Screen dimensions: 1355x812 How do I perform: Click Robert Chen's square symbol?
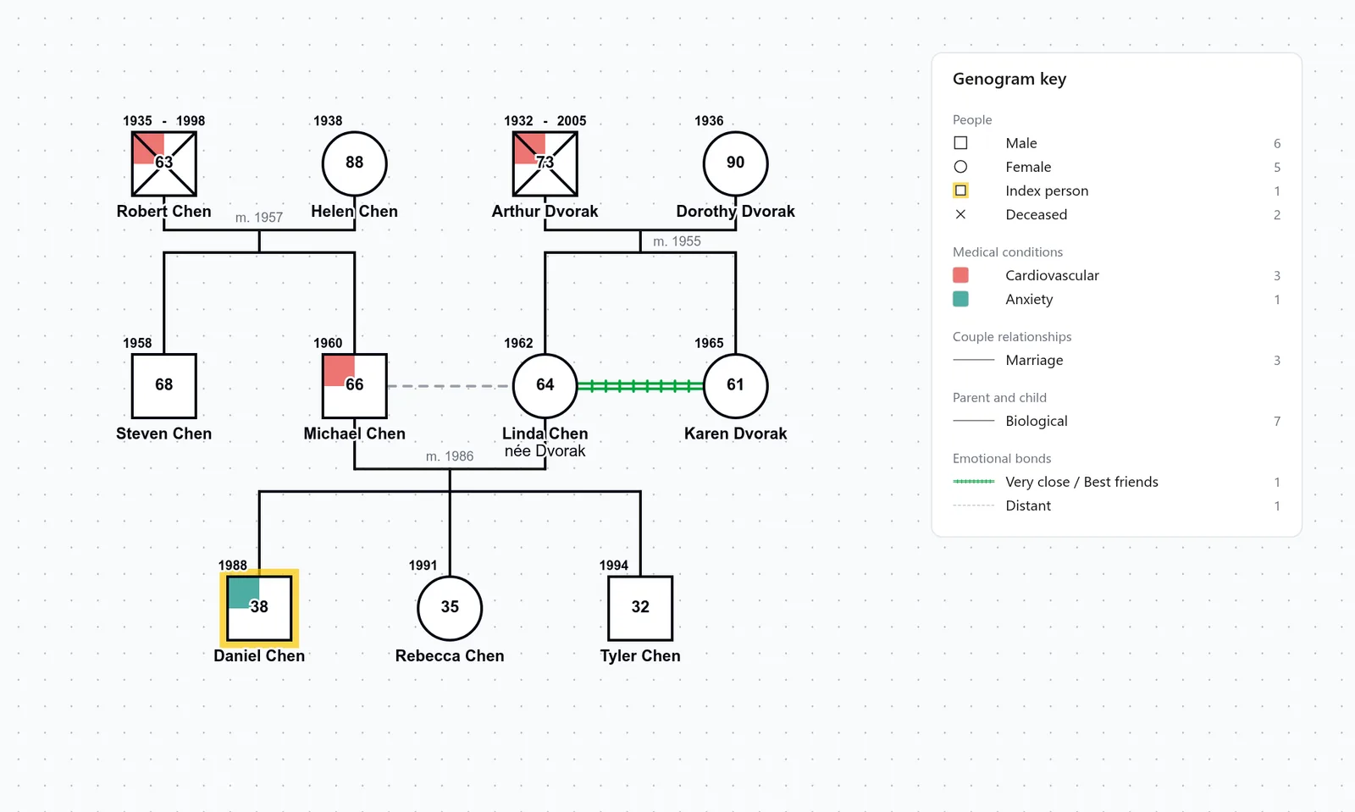pyautogui.click(x=164, y=164)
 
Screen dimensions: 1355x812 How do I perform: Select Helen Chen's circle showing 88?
pyautogui.click(x=355, y=164)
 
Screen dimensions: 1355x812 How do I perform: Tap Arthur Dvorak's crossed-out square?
pyautogui.click(x=545, y=164)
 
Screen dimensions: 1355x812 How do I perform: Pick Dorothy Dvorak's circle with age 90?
pyautogui.click(x=736, y=164)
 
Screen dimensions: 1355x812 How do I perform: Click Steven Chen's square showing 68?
pyautogui.click(x=164, y=386)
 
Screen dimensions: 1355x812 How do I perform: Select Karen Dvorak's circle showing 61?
pyautogui.click(x=736, y=386)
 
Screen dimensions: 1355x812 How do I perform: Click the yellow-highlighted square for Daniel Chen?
pyautogui.click(x=259, y=608)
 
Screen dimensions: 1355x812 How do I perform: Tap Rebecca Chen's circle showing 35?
pyautogui.click(x=450, y=608)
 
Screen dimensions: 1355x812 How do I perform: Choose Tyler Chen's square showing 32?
pyautogui.click(x=640, y=608)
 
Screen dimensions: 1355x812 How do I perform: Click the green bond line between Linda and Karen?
pyautogui.click(x=640, y=386)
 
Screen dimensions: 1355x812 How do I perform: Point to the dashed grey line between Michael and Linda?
pyautogui.click(x=450, y=386)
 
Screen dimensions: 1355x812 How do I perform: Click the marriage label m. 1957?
pyautogui.click(x=259, y=218)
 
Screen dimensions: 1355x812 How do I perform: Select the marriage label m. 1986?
pyautogui.click(x=450, y=456)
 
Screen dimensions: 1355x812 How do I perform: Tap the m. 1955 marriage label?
pyautogui.click(x=677, y=241)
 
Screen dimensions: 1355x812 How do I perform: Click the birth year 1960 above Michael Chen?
pyautogui.click(x=328, y=344)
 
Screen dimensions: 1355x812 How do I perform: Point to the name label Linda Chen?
pyautogui.click(x=545, y=434)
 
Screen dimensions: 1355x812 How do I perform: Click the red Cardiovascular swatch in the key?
pyautogui.click(x=960, y=275)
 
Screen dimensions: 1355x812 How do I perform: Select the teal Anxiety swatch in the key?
pyautogui.click(x=960, y=299)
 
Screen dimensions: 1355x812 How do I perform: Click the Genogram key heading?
pyautogui.click(x=1009, y=80)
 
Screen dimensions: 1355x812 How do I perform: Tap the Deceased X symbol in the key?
pyautogui.click(x=960, y=214)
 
